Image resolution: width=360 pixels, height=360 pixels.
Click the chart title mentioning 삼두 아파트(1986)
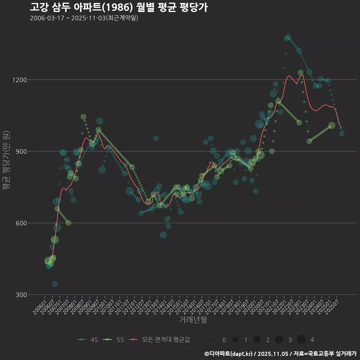[x=118, y=7]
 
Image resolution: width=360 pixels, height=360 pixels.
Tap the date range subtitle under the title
[x=84, y=18]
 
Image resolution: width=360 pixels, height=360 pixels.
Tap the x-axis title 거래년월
[x=193, y=320]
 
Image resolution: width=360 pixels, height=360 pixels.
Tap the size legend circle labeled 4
[x=301, y=340]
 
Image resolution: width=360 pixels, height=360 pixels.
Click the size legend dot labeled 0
[x=213, y=340]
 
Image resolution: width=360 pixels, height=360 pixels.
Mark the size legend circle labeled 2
[x=257, y=340]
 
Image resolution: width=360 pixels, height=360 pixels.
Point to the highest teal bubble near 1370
[x=288, y=37]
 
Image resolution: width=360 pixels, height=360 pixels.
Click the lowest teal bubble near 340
[x=55, y=284]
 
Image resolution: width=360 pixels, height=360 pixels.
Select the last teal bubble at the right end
[x=342, y=133]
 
